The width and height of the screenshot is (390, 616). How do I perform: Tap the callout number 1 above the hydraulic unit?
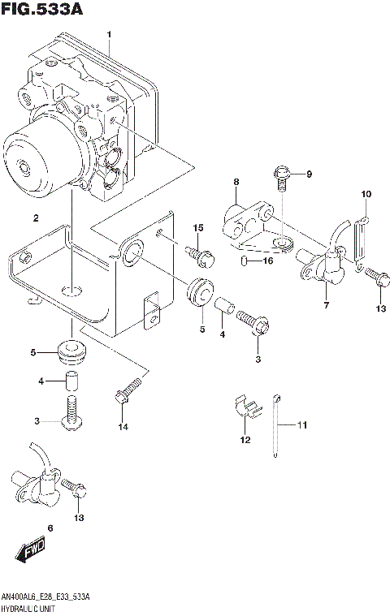pyautogui.click(x=110, y=33)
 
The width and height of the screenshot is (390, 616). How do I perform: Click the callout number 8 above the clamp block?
pyautogui.click(x=236, y=182)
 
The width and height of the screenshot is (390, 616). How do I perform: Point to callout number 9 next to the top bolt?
pyautogui.click(x=309, y=173)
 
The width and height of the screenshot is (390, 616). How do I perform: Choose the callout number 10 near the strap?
pyautogui.click(x=366, y=194)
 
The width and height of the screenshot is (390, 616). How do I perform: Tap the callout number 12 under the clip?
pyautogui.click(x=245, y=440)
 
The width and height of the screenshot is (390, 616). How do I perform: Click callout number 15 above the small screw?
pyautogui.click(x=196, y=227)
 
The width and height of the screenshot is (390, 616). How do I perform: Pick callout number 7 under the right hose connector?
pyautogui.click(x=325, y=305)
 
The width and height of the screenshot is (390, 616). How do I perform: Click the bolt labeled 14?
pyautogui.click(x=128, y=391)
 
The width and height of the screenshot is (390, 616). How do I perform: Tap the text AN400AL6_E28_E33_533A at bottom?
pyautogui.click(x=45, y=597)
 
